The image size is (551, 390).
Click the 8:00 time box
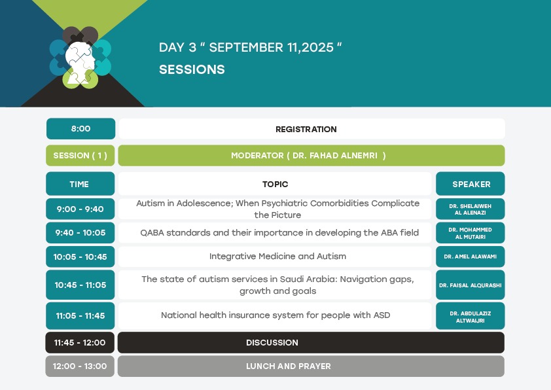(x=80, y=129)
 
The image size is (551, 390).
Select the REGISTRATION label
(x=306, y=130)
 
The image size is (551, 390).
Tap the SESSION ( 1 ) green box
(x=80, y=155)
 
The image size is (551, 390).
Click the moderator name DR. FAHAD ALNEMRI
(x=335, y=155)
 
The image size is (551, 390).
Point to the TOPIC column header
(x=275, y=184)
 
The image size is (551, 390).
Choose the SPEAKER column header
(x=471, y=184)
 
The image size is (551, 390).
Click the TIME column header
(x=80, y=184)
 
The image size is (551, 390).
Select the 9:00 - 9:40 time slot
(x=80, y=209)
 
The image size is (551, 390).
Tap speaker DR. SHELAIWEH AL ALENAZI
(x=471, y=209)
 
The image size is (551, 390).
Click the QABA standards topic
(x=279, y=232)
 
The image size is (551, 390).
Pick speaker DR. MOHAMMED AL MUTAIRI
(x=471, y=233)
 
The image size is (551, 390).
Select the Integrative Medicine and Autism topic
(x=277, y=256)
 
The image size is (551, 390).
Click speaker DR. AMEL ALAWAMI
(x=471, y=257)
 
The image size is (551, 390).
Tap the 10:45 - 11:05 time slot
(x=80, y=285)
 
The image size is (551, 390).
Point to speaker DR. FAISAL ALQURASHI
(x=471, y=285)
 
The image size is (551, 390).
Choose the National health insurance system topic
(x=275, y=315)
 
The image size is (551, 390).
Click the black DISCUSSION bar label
(x=272, y=343)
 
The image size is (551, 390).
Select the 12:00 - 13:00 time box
(x=80, y=366)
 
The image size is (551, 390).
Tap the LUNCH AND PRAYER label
(x=289, y=366)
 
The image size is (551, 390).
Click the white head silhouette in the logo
(x=79, y=62)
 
